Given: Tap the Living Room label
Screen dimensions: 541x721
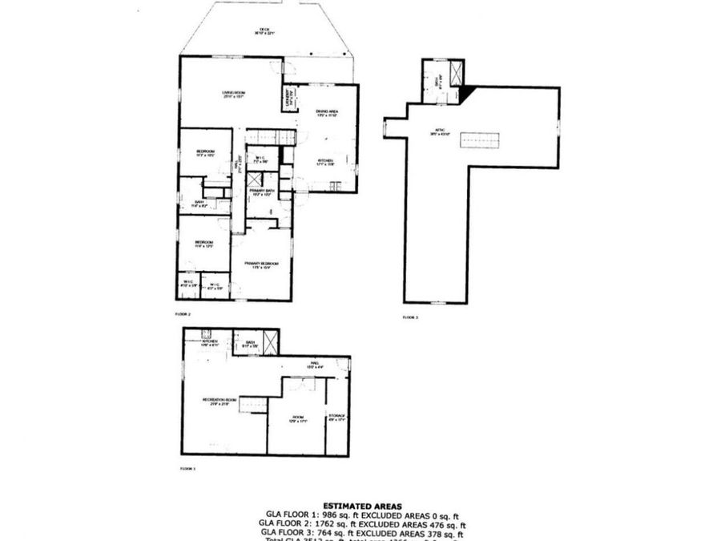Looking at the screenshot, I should (233, 95).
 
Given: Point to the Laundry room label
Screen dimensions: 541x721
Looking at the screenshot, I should (289, 99).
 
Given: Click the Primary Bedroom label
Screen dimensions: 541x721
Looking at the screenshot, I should (262, 264).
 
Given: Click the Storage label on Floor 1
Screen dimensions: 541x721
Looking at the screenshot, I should (337, 416).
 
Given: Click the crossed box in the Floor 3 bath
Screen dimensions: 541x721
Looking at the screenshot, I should (456, 75).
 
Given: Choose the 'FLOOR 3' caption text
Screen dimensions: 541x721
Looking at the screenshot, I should (411, 317).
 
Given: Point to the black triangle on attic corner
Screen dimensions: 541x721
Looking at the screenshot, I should (467, 92).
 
